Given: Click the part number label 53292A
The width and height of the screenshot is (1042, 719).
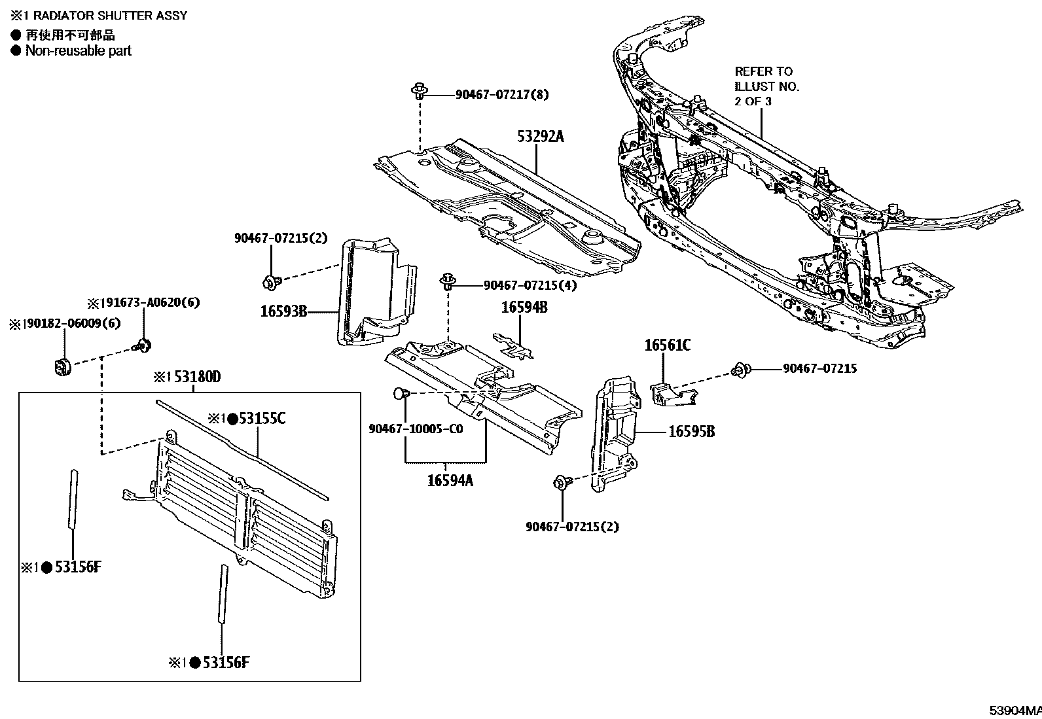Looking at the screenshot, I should pyautogui.click(x=540, y=137).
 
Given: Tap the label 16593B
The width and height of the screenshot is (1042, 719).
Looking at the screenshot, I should pyautogui.click(x=283, y=311).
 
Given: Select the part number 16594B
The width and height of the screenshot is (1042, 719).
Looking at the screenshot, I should pyautogui.click(x=524, y=307).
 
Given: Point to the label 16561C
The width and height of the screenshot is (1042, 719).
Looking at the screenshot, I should pyautogui.click(x=667, y=345).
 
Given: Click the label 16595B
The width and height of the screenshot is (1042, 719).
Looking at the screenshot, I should pyautogui.click(x=691, y=432).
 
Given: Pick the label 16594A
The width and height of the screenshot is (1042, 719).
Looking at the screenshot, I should pyautogui.click(x=450, y=480).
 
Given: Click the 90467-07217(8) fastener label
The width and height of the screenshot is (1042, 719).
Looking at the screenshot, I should pyautogui.click(x=502, y=95).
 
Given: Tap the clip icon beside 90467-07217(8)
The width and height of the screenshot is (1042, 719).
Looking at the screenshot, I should pyautogui.click(x=418, y=91).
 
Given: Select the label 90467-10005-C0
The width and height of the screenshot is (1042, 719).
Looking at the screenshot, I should pyautogui.click(x=416, y=429).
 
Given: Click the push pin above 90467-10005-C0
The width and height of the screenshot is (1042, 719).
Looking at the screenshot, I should pyautogui.click(x=401, y=393).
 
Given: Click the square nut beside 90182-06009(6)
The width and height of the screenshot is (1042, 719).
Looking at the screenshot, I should pyautogui.click(x=62, y=367).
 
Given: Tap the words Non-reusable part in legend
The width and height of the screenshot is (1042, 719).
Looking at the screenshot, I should pyautogui.click(x=78, y=51).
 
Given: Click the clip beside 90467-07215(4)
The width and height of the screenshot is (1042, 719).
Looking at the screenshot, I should pyautogui.click(x=448, y=282).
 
